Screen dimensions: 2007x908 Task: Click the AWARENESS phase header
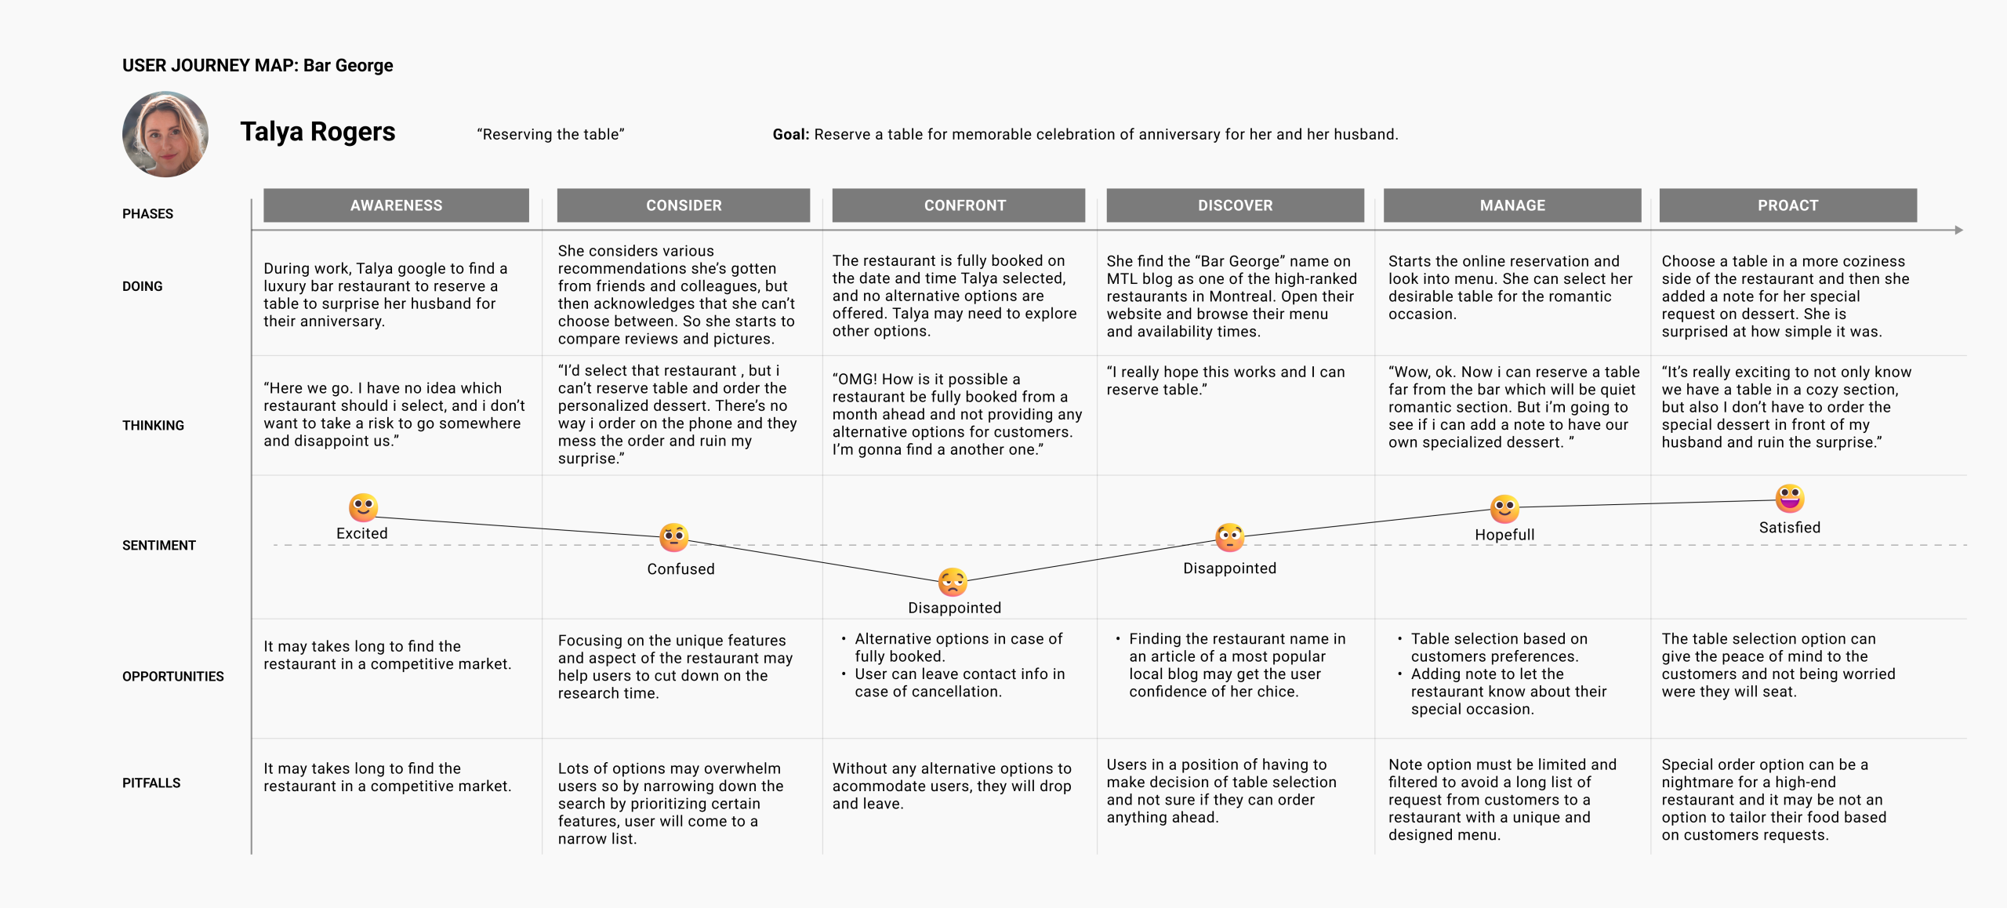(396, 205)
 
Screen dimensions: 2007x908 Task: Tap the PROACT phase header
(1788, 205)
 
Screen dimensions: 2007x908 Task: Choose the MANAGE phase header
(1512, 205)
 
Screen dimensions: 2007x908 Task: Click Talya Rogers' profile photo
(165, 134)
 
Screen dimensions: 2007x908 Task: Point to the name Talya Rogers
(318, 132)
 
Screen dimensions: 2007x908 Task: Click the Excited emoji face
(363, 507)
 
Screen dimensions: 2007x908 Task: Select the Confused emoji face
(674, 538)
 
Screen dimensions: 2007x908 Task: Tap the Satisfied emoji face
(1790, 498)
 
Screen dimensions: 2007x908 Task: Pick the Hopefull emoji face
(1504, 509)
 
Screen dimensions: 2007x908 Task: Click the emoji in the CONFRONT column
(953, 583)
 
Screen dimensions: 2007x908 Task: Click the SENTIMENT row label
(159, 546)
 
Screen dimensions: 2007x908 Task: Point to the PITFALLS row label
(151, 783)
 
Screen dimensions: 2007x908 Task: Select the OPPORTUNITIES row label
(173, 677)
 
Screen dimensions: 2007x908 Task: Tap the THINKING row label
(153, 426)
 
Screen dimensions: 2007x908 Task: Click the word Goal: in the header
(791, 134)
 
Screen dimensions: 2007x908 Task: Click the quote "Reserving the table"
(551, 134)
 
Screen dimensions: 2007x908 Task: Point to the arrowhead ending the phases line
(1958, 230)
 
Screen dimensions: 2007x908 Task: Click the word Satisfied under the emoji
(1790, 528)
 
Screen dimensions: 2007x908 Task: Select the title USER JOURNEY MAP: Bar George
(258, 65)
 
